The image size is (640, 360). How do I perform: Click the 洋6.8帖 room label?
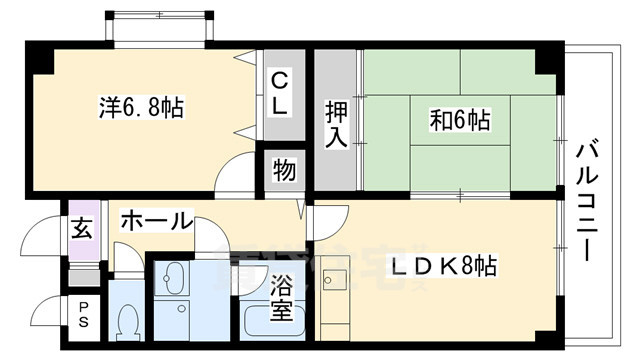[x=141, y=107]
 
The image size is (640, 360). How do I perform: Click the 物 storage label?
[x=283, y=171]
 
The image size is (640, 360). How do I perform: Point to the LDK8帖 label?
[x=443, y=267]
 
